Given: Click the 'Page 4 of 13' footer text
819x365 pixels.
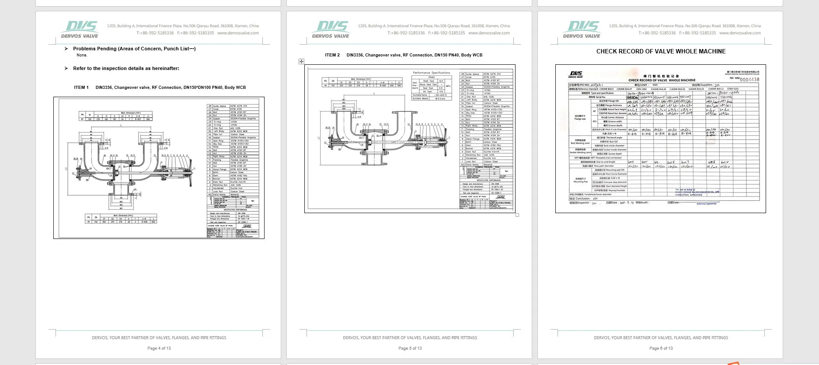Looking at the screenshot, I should click(159, 348).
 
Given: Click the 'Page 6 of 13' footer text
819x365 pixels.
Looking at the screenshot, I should click(661, 348).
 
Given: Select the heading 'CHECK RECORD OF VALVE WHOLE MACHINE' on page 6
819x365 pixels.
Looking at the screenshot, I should click(661, 51).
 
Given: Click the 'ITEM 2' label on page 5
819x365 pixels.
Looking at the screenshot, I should click(332, 55).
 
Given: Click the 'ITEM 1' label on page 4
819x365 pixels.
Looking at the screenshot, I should click(81, 88).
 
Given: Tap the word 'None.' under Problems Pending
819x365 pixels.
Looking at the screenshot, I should click(82, 55).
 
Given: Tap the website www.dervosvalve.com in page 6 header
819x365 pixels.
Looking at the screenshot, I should click(740, 33).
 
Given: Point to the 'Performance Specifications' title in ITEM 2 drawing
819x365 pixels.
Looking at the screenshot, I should click(431, 73).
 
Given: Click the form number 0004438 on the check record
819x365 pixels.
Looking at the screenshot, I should click(749, 80).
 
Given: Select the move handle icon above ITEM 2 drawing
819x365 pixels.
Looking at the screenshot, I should click(301, 61).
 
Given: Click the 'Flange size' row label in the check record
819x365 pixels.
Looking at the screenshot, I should click(580, 118).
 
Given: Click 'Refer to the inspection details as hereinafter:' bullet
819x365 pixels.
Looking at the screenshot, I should click(126, 68).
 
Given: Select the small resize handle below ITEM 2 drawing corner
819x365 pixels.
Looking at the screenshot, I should click(517, 215).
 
